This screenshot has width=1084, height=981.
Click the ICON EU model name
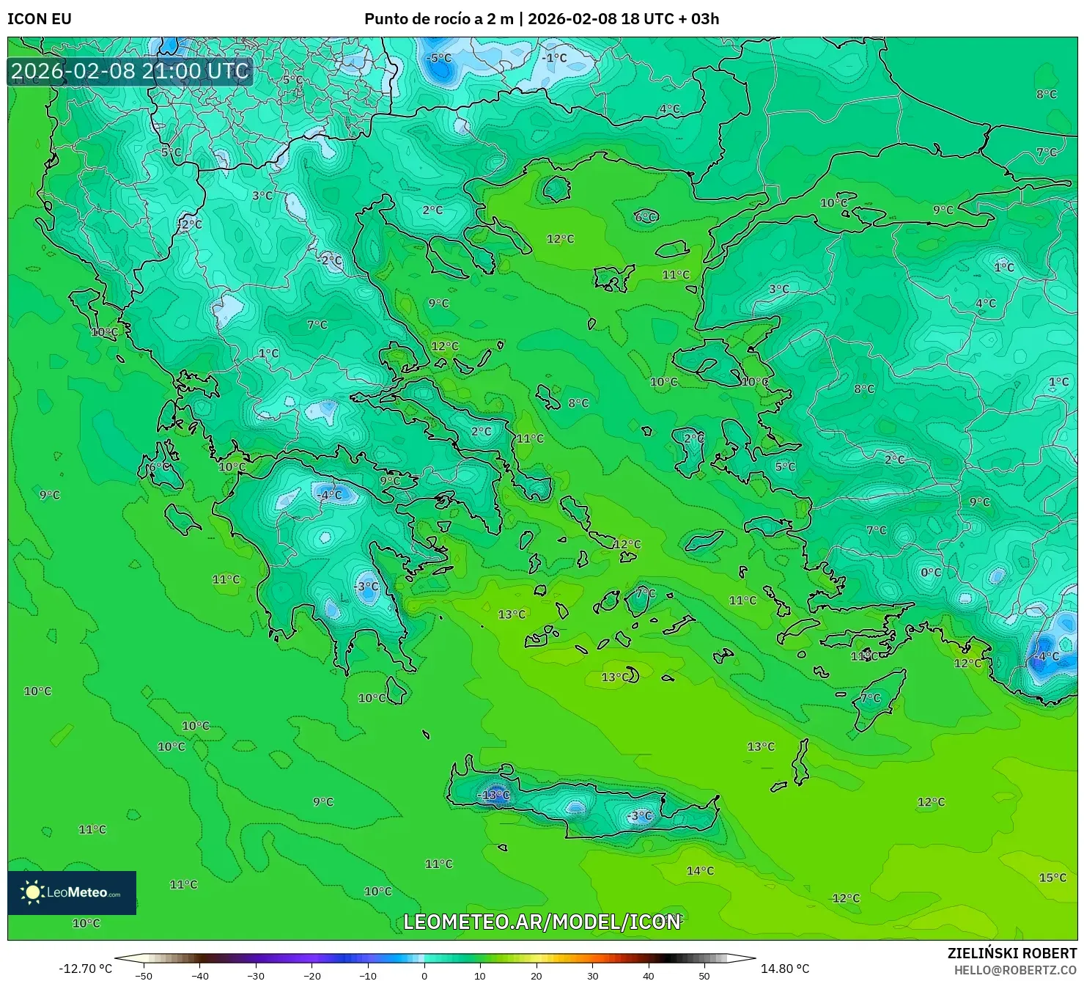click(40, 19)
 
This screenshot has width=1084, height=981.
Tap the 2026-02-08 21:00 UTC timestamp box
click(130, 71)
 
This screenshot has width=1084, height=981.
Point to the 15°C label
click(1052, 878)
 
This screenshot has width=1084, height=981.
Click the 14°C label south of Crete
click(700, 871)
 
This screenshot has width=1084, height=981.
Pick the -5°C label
click(439, 58)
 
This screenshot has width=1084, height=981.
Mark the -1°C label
click(554, 57)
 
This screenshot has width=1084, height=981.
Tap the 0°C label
click(931, 573)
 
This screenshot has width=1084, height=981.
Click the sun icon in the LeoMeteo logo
click(32, 892)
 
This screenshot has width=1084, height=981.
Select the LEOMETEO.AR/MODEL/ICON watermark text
click(542, 922)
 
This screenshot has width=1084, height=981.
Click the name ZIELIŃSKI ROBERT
click(1011, 954)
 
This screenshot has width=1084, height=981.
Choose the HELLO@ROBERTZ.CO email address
click(1015, 970)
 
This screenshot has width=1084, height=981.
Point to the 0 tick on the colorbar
click(424, 975)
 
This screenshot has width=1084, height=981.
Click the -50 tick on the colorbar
click(144, 975)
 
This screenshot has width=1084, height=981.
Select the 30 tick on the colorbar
click(592, 975)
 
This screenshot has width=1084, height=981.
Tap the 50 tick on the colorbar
click(704, 975)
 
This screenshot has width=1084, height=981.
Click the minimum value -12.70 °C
click(86, 969)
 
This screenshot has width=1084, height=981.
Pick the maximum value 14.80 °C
click(785, 969)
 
